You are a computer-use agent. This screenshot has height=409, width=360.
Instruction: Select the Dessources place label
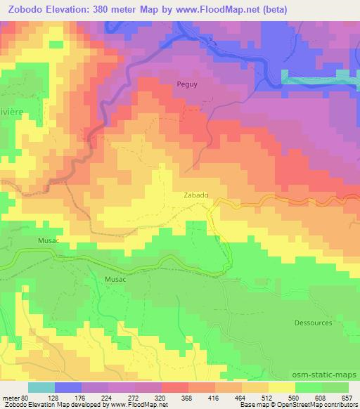pyautogui.click(x=312, y=323)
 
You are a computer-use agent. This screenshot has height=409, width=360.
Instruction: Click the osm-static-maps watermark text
pyautogui.click(x=324, y=375)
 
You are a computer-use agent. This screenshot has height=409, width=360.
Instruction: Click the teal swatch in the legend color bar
pyautogui.click(x=41, y=387)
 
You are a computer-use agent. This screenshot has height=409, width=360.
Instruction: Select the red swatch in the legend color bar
pyautogui.click(x=174, y=387)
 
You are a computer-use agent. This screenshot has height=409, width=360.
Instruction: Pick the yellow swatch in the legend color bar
pyautogui.click(x=281, y=387)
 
